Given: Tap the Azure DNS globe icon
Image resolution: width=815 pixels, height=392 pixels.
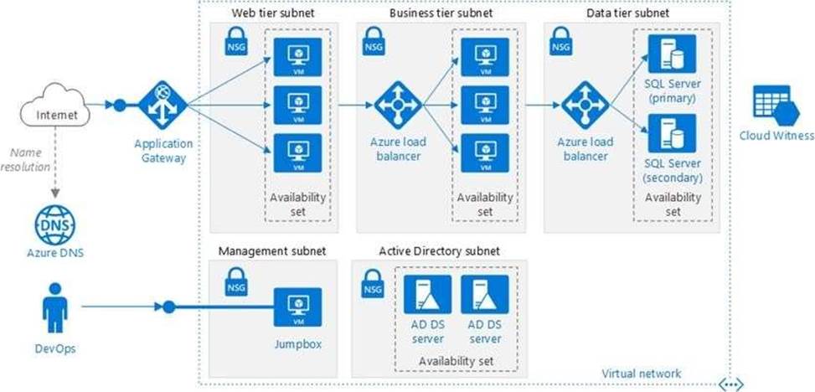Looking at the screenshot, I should click(53, 222).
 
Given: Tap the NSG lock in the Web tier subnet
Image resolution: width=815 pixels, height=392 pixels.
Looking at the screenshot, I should click(235, 44).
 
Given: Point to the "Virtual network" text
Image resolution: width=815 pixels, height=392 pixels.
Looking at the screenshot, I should click(642, 373).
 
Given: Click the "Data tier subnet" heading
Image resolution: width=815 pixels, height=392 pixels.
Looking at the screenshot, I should click(627, 13).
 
